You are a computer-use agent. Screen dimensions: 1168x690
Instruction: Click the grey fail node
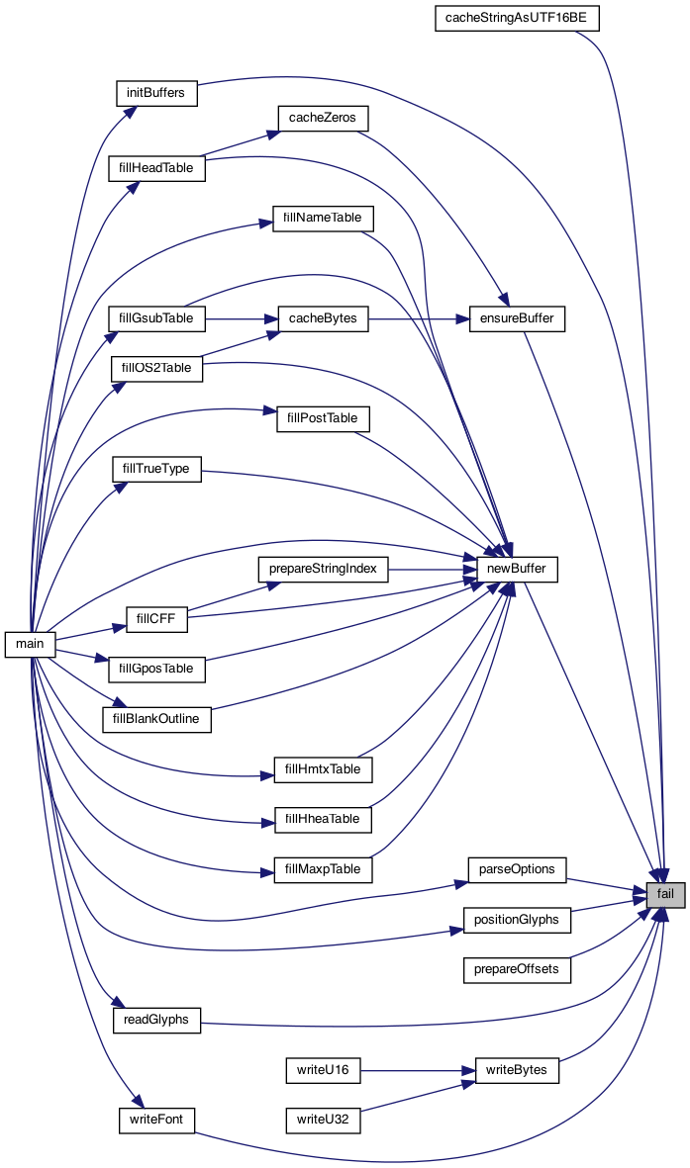(665, 896)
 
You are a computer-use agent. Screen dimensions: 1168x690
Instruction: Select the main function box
(31, 644)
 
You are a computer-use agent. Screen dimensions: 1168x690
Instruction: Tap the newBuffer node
(518, 569)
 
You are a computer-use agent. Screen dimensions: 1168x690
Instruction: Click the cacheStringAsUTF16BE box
(517, 19)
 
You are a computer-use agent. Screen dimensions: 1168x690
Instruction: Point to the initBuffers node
(156, 92)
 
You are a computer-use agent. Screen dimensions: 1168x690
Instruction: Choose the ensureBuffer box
(516, 318)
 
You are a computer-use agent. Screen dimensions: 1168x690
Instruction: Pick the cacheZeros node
(323, 118)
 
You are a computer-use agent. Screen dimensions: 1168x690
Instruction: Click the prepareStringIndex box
(323, 569)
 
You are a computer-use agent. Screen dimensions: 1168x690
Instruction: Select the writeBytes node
(518, 1070)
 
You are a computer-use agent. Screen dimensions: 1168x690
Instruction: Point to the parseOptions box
(517, 869)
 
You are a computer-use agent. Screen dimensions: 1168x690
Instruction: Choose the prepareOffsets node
(517, 969)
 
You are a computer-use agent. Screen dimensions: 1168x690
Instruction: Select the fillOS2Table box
(155, 368)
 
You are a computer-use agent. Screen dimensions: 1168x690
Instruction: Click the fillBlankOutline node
(156, 719)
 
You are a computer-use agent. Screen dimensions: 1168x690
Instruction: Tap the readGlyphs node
(156, 1020)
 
